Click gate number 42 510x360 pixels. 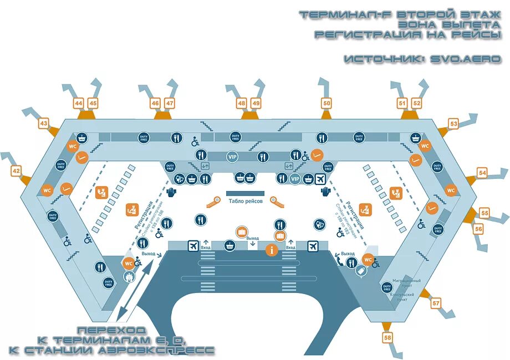tap(16, 171)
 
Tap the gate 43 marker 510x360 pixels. tap(44, 124)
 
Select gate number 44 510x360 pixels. tap(79, 103)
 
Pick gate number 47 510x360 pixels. tap(170, 103)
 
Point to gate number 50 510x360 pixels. tap(327, 102)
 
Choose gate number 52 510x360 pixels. tap(417, 103)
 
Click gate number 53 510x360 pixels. tap(453, 124)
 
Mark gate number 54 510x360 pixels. tap(482, 173)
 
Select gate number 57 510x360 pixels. tap(436, 303)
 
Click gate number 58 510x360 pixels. tap(387, 337)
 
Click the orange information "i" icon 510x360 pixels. tap(271, 250)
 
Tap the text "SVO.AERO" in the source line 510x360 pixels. tap(466, 59)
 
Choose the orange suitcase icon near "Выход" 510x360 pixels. tap(241, 232)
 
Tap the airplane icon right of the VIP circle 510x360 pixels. tap(320, 178)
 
